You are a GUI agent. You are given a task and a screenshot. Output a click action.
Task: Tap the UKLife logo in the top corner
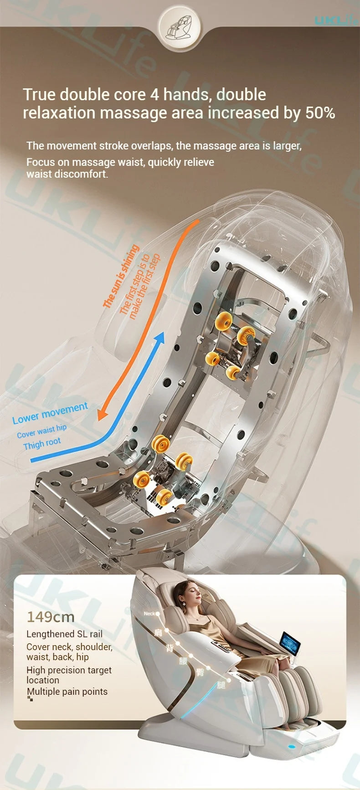pos(336,20)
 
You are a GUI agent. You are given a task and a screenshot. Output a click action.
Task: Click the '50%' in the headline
pos(320,113)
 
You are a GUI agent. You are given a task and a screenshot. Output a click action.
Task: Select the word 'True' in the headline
pos(39,94)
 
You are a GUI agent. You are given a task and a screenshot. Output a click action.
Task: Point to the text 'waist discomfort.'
pos(67,174)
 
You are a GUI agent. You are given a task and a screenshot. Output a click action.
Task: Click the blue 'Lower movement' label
pos(50,413)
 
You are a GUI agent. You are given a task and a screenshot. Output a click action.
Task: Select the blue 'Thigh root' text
pos(42,443)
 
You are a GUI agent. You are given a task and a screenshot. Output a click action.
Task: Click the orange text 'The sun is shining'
pos(120,276)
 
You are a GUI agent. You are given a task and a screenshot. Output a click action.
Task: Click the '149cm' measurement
pos(50,617)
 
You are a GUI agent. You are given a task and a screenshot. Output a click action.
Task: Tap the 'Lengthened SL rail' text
pos(64,634)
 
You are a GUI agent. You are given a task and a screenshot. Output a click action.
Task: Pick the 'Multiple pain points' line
pos(67,692)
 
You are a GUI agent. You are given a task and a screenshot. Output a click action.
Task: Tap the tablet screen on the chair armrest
pos(290,644)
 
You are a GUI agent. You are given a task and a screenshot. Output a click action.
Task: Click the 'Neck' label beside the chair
pos(149,614)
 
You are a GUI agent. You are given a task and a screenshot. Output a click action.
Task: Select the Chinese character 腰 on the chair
pos(183,661)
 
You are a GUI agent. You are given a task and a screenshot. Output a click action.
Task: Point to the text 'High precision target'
pos(69,670)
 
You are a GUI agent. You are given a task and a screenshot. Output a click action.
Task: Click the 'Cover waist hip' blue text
pos(41,431)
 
